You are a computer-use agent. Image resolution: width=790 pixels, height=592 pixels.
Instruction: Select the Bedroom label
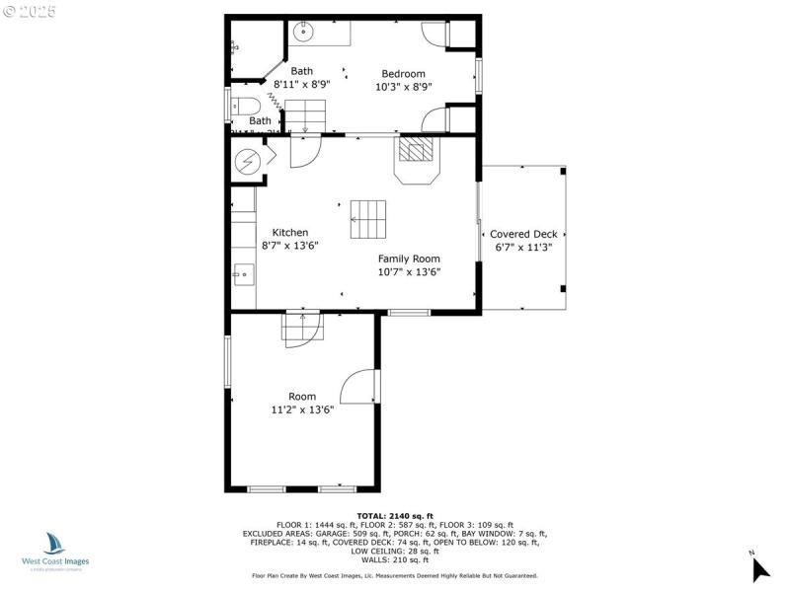tap(403, 74)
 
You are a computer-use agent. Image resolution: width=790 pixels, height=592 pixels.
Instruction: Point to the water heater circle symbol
tap(248, 160)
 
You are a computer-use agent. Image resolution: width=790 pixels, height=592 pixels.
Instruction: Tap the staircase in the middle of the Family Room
tap(368, 219)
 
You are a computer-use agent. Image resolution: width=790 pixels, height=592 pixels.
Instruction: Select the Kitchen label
tap(284, 233)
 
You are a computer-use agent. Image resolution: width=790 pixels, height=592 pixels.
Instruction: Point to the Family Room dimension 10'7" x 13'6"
tap(409, 272)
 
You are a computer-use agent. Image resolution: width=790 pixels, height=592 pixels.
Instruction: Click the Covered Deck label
tap(523, 234)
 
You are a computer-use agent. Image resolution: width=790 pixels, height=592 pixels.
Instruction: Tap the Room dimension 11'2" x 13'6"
tap(302, 409)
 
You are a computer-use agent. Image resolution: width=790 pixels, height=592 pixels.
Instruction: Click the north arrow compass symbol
tap(758, 567)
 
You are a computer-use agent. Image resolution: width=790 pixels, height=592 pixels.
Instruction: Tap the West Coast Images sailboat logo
tap(54, 544)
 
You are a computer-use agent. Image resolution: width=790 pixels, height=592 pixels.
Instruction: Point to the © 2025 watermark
tap(30, 12)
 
